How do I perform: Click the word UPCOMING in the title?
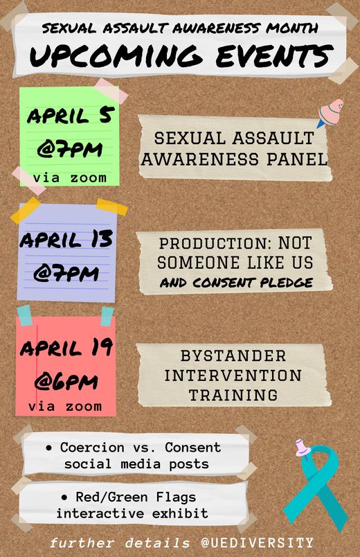tap(116, 57)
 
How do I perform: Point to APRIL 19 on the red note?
tap(66, 348)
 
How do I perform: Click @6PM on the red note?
tap(66, 382)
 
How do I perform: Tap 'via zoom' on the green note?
tap(70, 177)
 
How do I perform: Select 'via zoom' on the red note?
tap(65, 406)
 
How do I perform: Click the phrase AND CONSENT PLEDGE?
tap(236, 283)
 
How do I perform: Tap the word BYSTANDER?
tap(233, 356)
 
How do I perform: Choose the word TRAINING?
tap(233, 395)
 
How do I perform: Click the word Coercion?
tap(92, 448)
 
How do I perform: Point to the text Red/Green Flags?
tap(136, 497)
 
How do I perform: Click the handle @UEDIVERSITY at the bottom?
tap(257, 542)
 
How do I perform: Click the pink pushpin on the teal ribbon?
tap(303, 448)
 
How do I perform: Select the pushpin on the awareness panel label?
tap(330, 113)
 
